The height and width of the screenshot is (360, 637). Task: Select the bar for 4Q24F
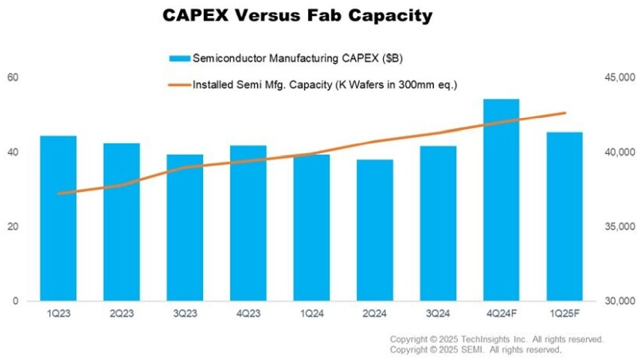point(502,199)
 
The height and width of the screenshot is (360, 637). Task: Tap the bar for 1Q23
point(58,218)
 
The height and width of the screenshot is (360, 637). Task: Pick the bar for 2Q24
point(375,230)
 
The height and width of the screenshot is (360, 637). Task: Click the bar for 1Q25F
point(565,216)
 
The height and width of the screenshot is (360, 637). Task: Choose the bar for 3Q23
point(185,228)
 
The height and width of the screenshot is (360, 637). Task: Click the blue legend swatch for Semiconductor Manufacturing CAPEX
point(179,58)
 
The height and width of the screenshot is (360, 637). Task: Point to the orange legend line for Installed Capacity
point(179,83)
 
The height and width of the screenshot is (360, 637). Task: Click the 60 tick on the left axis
point(14,77)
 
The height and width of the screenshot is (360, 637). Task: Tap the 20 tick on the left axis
point(14,227)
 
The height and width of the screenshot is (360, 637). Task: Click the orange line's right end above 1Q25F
point(565,113)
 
